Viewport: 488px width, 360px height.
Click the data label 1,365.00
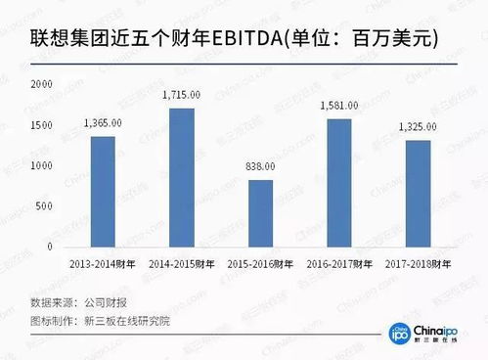point(104,124)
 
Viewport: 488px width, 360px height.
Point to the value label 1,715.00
point(181,95)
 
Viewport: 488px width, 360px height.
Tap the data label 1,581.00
point(337,107)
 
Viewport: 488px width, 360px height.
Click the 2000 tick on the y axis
point(41,85)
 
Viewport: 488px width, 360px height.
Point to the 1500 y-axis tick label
point(41,126)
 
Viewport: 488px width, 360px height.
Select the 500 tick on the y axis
point(44,205)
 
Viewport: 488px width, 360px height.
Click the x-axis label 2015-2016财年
point(258,264)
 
